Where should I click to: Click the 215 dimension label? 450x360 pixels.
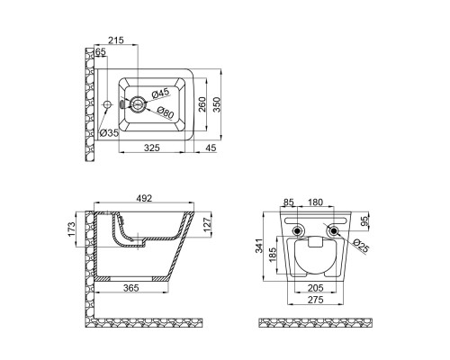point(116,40)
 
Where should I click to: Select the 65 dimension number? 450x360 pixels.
point(101,51)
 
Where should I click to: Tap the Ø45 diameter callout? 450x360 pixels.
point(160,93)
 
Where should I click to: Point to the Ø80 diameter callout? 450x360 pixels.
point(165,112)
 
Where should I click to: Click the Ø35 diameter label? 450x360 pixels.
point(109,132)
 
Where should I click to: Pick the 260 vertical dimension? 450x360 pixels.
point(202,104)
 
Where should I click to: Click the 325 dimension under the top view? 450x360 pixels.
point(152,148)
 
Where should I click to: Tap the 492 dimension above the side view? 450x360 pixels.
point(144,198)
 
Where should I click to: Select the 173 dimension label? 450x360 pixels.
point(71,229)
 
